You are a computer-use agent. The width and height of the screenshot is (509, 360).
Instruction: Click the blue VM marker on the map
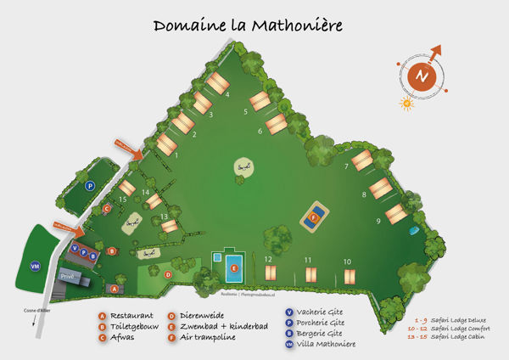(35, 266)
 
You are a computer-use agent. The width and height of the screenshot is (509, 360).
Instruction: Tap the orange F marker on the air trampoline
(314, 218)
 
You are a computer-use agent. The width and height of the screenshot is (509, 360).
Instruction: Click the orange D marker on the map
(168, 274)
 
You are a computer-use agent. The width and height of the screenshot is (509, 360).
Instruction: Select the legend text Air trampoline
(207, 338)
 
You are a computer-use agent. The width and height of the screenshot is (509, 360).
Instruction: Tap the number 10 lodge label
(346, 261)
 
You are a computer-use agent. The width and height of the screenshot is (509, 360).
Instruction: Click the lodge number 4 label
(227, 94)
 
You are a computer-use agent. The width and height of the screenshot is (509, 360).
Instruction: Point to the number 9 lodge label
(378, 222)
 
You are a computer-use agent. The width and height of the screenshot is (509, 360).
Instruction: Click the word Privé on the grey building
(68, 277)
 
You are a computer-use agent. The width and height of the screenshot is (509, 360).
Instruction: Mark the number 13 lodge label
(164, 217)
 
